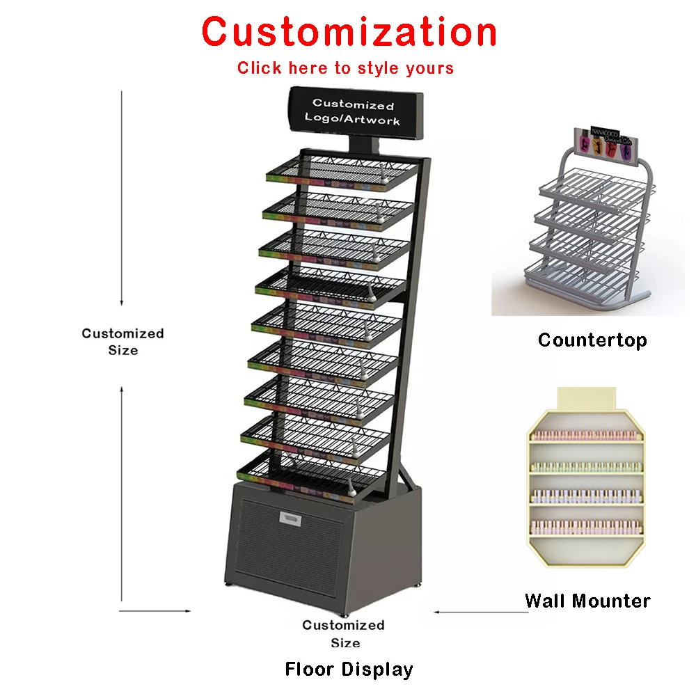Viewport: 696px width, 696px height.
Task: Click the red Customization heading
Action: tap(349, 32)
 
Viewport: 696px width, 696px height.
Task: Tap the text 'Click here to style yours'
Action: tap(345, 68)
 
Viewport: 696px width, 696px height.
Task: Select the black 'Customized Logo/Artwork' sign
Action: tap(353, 112)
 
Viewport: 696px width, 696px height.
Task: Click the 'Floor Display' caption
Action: tap(349, 670)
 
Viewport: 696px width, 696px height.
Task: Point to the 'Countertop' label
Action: tap(592, 340)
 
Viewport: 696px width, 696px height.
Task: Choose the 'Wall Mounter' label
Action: tap(587, 601)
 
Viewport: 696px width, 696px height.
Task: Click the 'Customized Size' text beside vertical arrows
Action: tap(122, 342)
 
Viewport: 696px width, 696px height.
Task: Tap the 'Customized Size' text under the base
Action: tap(344, 633)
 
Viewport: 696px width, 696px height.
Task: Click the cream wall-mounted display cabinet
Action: tap(585, 480)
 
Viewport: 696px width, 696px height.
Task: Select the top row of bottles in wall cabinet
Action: tap(585, 436)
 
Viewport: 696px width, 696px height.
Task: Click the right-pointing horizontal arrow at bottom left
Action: tap(155, 611)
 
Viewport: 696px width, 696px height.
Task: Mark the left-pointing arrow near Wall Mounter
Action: tap(480, 612)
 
